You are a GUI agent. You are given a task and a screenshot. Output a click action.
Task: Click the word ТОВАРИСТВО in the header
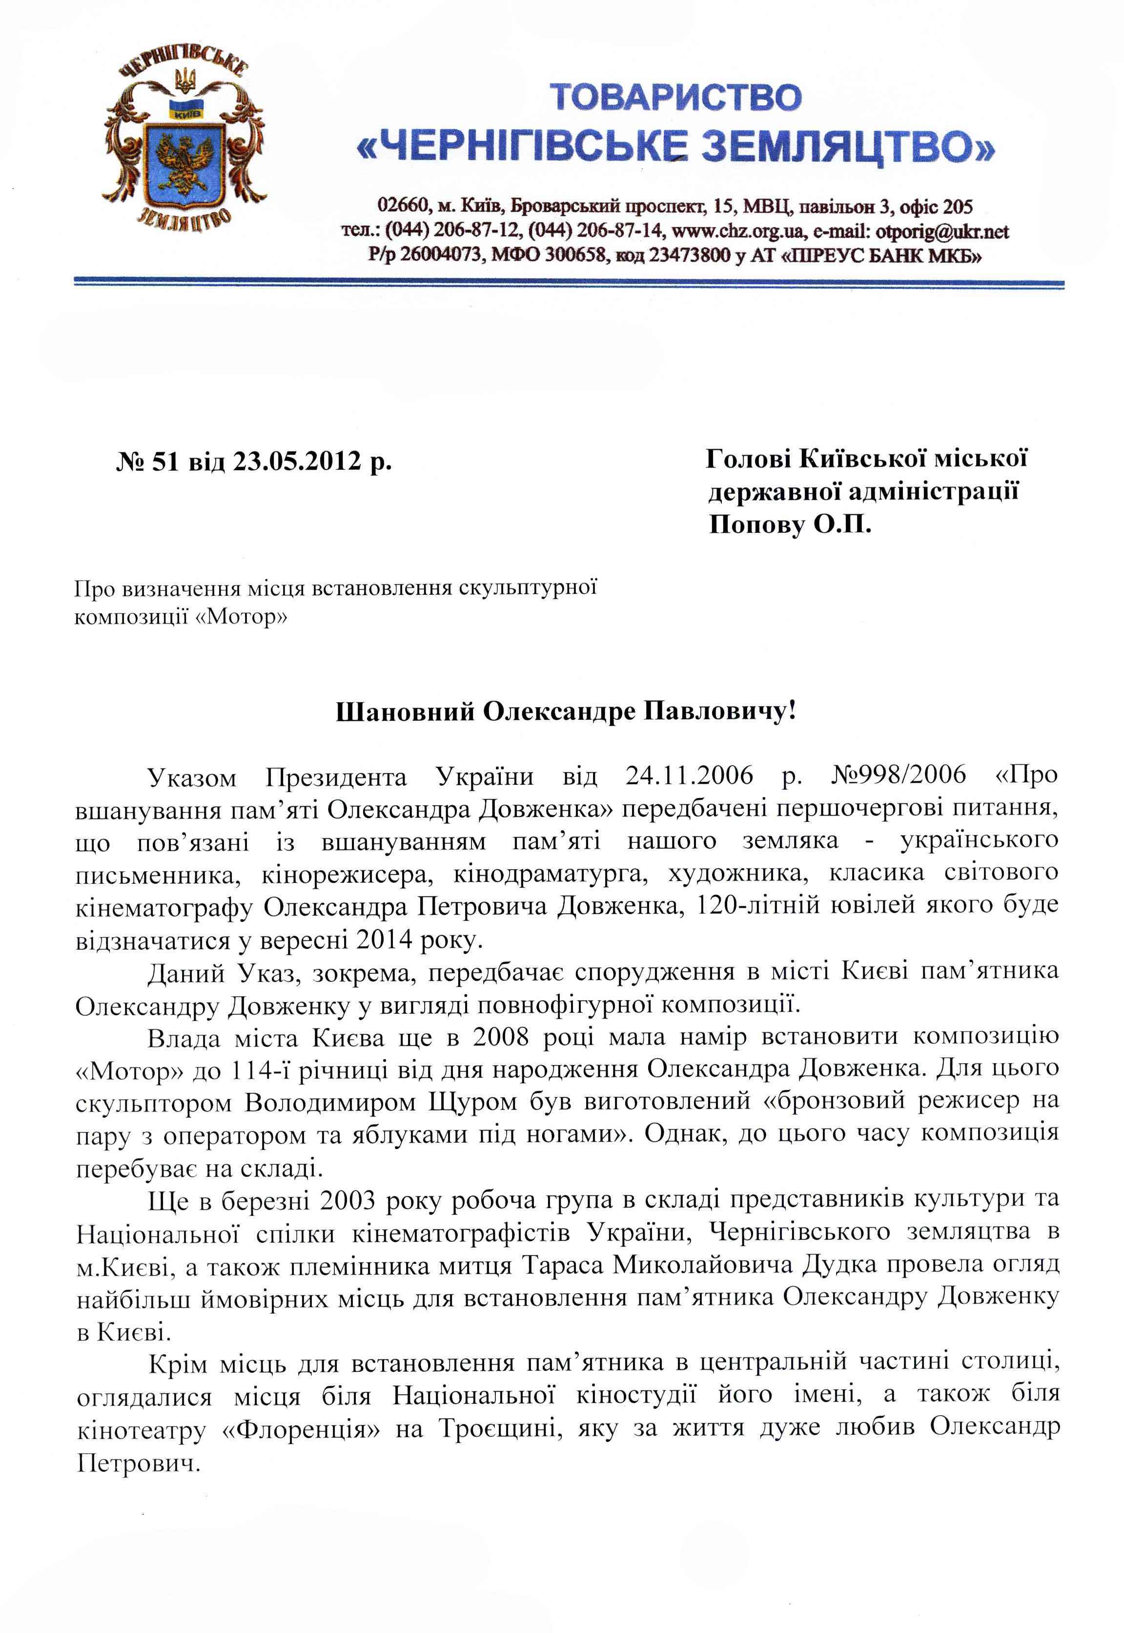[x=674, y=97]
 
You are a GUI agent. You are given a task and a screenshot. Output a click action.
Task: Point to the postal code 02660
[x=402, y=207]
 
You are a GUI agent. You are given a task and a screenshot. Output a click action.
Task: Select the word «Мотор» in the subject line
[x=240, y=618]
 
